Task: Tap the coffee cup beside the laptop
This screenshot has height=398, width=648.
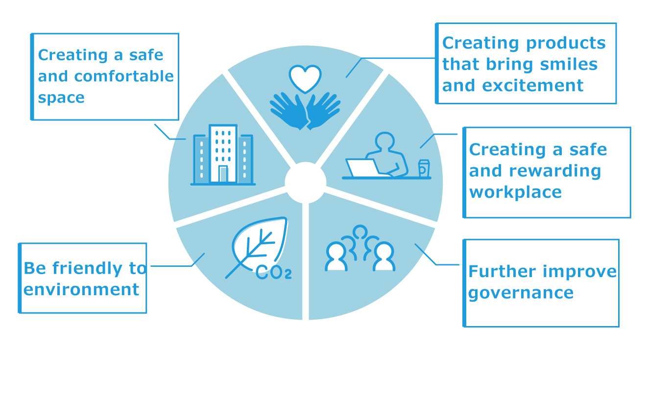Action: click(424, 168)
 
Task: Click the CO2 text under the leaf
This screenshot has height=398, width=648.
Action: click(274, 272)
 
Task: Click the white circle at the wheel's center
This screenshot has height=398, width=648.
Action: click(306, 183)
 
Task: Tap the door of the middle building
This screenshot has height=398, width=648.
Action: click(223, 174)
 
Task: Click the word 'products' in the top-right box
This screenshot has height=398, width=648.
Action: click(566, 44)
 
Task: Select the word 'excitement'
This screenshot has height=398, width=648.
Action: click(533, 86)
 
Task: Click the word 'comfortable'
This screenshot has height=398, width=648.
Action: click(124, 76)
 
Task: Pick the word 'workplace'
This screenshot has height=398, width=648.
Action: click(515, 193)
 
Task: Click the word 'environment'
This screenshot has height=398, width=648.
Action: click(81, 289)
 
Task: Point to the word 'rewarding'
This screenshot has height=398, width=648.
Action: click(555, 171)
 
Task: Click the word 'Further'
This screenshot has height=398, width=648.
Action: click(502, 271)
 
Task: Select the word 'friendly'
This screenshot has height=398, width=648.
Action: click(87, 269)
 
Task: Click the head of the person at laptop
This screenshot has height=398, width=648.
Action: click(385, 141)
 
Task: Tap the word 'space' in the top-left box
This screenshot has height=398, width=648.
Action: click(61, 98)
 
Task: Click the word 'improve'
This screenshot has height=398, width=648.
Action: click(579, 272)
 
